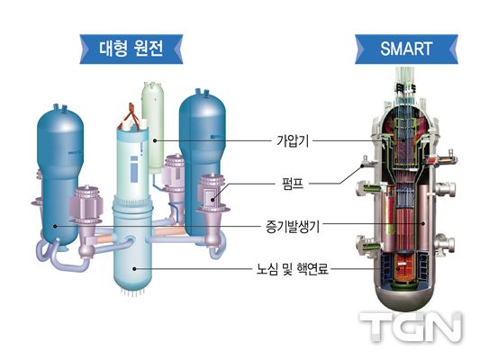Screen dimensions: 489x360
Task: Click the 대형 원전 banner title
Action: pos(131,49)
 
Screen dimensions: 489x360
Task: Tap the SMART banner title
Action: pos(406,49)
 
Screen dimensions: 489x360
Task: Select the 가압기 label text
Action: pos(293,140)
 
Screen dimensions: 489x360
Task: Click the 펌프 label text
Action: pos(293,184)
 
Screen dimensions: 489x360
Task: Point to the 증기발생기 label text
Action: pos(293,226)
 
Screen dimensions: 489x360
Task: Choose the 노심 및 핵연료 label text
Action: pos(293,269)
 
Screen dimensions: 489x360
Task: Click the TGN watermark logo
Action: pos(411,327)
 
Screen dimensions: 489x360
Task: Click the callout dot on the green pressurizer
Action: pos(155,141)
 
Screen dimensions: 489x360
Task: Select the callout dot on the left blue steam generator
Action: pos(55,226)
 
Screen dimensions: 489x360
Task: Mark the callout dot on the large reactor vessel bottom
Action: pos(134,269)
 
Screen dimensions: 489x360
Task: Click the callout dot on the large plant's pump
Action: pos(213,200)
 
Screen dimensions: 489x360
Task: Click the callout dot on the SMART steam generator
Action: pos(423,223)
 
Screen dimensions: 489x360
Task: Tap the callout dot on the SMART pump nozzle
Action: pos(362,166)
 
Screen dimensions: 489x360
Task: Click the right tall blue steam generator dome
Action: pos(202,106)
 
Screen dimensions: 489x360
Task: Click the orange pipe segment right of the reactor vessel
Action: pos(168,231)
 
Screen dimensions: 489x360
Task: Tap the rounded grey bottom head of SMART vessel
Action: pos(404,298)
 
